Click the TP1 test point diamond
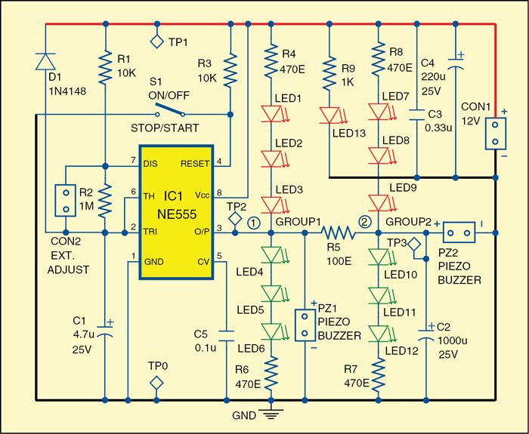click(156, 42)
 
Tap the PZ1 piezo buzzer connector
click(305, 325)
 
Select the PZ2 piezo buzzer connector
click(458, 232)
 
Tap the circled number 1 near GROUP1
click(254, 223)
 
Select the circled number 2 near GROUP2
click(366, 222)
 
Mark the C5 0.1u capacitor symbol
click(226, 331)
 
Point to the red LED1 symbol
click(271, 114)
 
